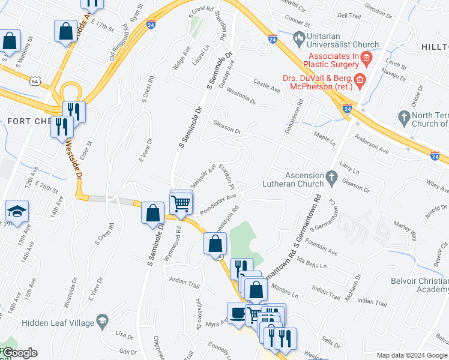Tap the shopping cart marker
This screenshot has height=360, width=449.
tap(181, 203)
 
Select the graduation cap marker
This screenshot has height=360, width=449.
tap(16, 212)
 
